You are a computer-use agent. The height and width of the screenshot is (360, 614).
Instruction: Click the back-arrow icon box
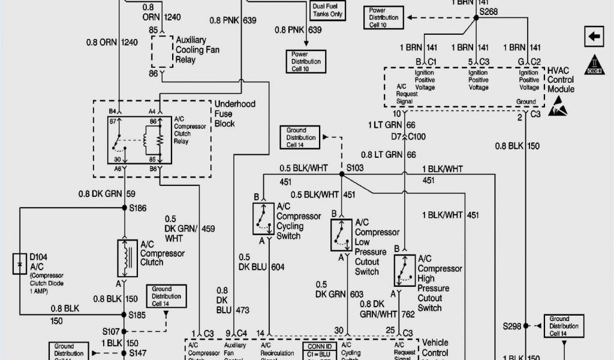tap(594, 37)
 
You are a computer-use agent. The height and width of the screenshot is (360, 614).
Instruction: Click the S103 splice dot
tap(341, 175)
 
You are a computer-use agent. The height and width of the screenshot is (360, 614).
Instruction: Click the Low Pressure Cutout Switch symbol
tap(341, 235)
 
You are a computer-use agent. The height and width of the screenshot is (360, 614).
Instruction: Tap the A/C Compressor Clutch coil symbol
tap(125, 254)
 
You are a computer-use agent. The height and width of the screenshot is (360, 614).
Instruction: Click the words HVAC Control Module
tap(560, 80)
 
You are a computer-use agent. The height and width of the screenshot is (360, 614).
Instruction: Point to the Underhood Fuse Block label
tap(234, 113)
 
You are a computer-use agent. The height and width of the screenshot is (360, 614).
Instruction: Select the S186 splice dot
tap(125, 208)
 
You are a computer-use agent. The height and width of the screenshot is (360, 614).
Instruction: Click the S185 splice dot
tap(125, 314)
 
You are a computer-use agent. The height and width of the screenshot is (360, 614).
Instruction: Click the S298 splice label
tap(511, 326)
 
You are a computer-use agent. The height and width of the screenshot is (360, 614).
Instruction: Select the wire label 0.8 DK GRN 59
tap(106, 194)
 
